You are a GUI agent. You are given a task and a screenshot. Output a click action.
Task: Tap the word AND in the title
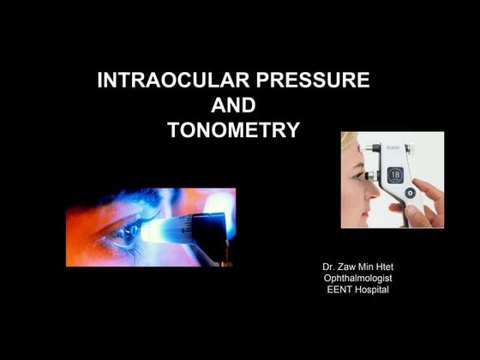click(x=233, y=105)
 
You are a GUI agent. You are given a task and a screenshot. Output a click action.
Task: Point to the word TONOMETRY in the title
click(x=233, y=130)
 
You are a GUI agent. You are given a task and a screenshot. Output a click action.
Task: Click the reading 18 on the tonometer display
click(x=395, y=175)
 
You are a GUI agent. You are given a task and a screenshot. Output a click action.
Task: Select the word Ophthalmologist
click(x=357, y=278)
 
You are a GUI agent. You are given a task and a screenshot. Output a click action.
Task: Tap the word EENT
click(x=340, y=289)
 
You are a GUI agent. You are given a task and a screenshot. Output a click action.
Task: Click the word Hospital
click(x=373, y=289)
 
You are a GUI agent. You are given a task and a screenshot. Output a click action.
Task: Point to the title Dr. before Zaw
click(x=328, y=267)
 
